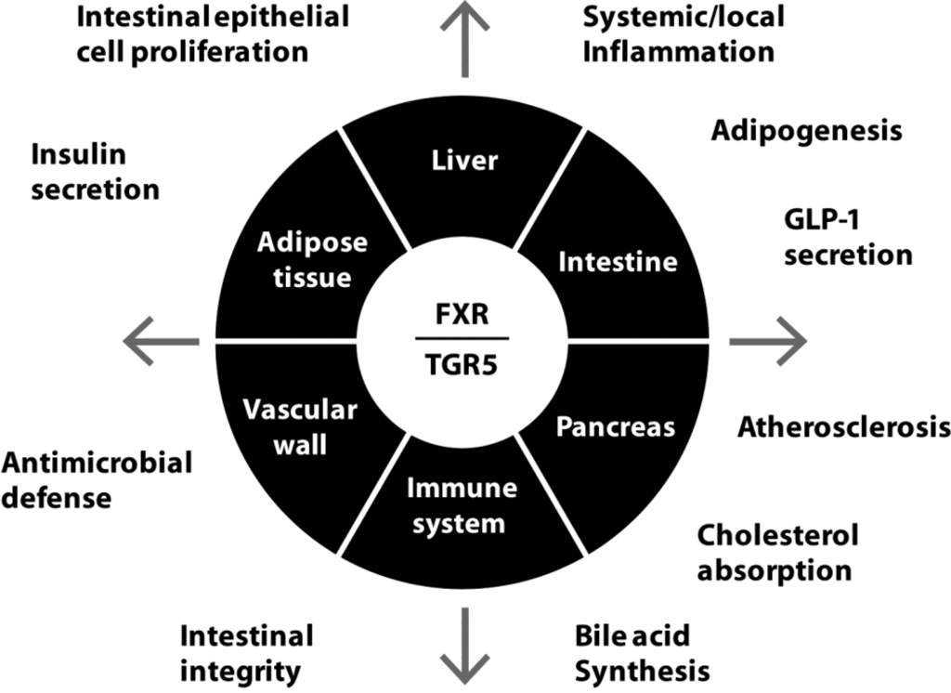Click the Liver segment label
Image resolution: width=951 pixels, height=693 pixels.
click(464, 160)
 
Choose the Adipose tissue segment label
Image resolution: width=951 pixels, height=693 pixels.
click(312, 260)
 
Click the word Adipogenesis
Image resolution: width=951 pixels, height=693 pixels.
click(806, 130)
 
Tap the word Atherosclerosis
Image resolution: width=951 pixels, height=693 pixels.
click(843, 426)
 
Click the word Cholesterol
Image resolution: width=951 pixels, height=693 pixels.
click(777, 535)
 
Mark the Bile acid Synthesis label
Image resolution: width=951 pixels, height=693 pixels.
click(642, 653)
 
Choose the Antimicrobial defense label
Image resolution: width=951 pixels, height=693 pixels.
click(97, 479)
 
